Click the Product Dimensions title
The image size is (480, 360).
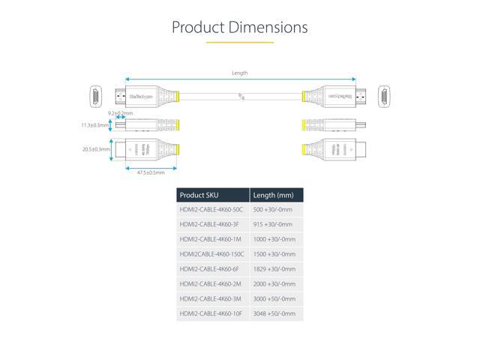tap(239, 28)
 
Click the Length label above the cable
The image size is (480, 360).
tap(240, 73)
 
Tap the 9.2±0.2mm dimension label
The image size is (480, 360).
tap(120, 113)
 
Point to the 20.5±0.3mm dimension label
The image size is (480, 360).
tap(96, 149)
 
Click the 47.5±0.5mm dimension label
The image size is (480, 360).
tap(151, 174)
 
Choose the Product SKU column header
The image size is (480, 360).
tap(200, 195)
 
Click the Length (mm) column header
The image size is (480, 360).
tap(273, 195)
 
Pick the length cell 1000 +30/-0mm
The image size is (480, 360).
tap(274, 239)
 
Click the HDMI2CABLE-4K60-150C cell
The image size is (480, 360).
tap(213, 253)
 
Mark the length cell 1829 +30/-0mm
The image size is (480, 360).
tap(274, 268)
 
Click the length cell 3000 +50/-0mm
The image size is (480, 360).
tap(274, 298)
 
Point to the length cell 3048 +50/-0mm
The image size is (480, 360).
tap(274, 313)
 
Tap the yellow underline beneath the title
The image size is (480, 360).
tap(239, 43)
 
